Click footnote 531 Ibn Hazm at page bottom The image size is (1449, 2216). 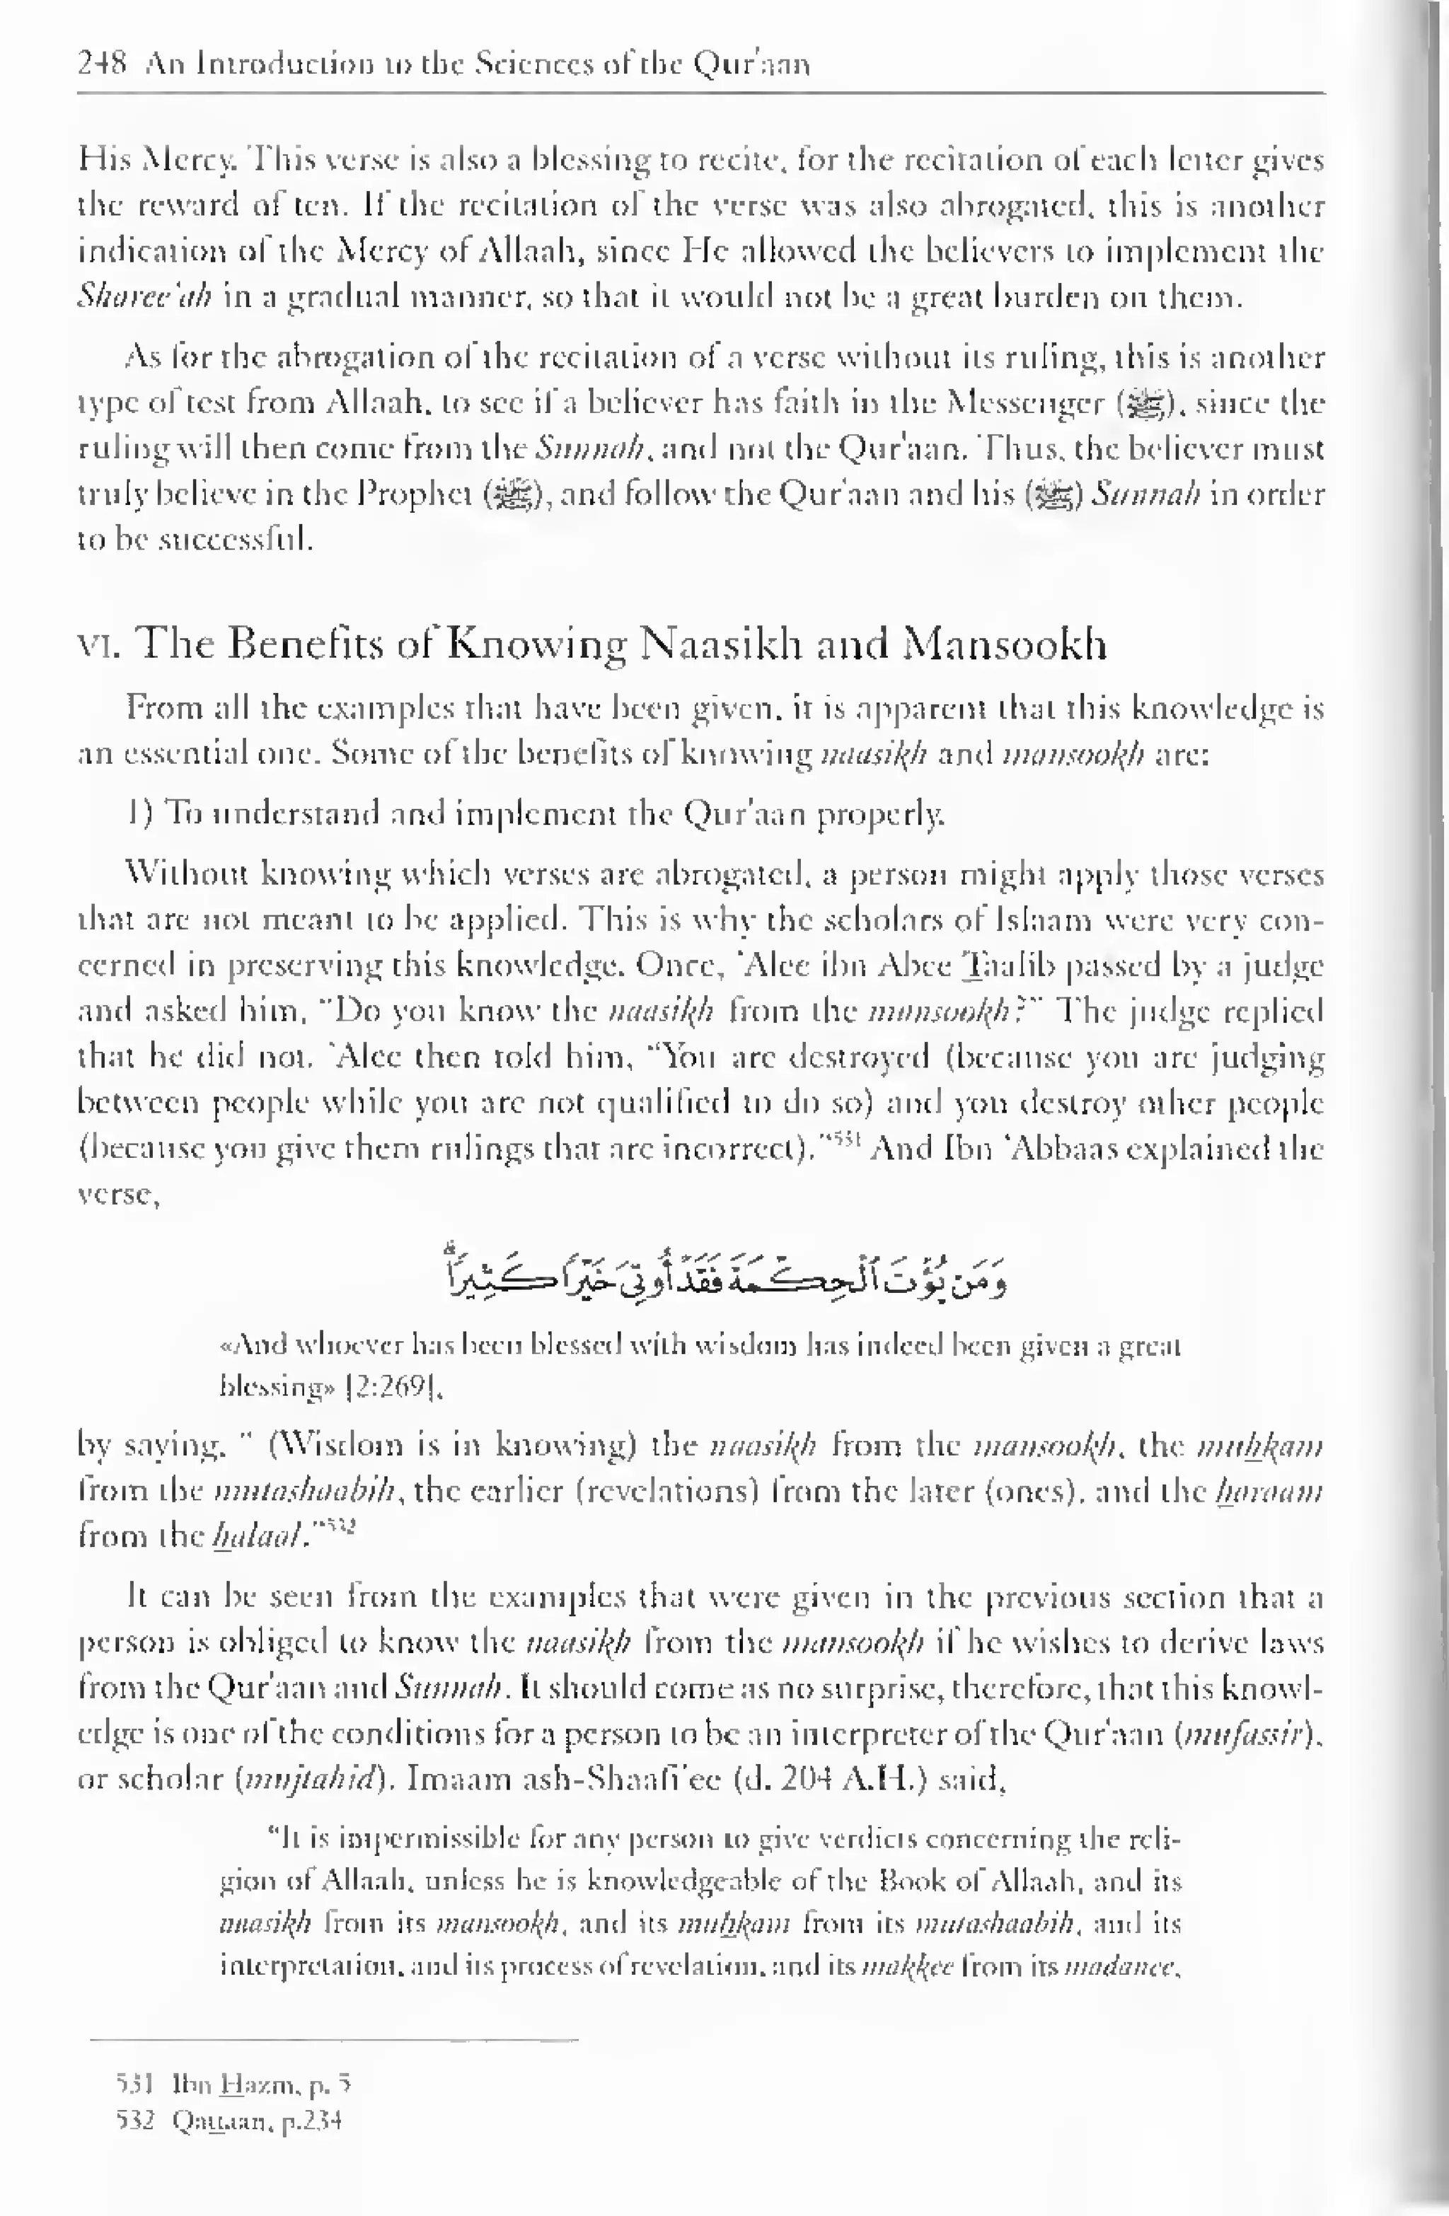pyautogui.click(x=233, y=2082)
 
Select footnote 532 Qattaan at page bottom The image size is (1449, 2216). pyautogui.click(x=229, y=2121)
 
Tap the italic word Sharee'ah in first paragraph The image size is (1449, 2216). pyautogui.click(x=144, y=297)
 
